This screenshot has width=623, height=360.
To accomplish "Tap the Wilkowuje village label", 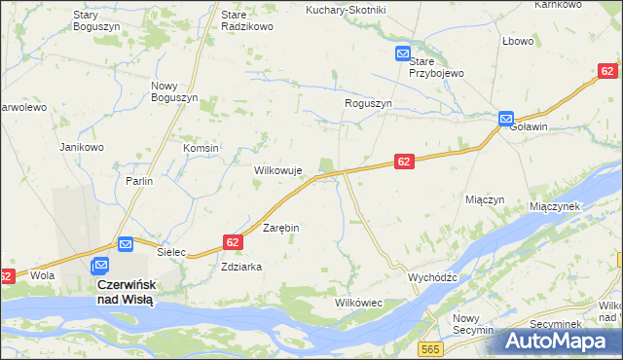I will (x=278, y=169).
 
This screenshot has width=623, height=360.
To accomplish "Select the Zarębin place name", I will (x=281, y=227).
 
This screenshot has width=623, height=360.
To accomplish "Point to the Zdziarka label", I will (x=242, y=267).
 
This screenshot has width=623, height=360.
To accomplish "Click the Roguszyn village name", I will (x=368, y=103).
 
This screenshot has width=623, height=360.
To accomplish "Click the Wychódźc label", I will (x=432, y=277).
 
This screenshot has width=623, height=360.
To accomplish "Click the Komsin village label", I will (x=202, y=148).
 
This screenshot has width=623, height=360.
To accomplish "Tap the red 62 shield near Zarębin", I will (x=232, y=241).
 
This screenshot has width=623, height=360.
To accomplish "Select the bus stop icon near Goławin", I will (x=506, y=119).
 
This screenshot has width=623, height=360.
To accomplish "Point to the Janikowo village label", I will (x=82, y=147).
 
